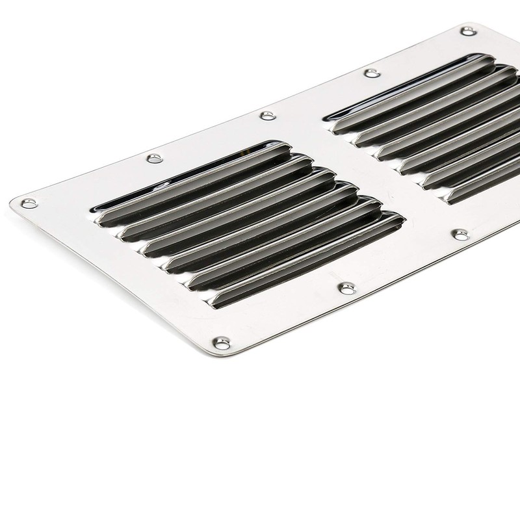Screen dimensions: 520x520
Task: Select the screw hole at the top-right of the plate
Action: (467, 31)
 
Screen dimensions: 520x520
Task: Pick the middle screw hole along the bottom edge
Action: (345, 287)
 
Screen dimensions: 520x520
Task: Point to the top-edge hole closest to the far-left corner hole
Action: (153, 158)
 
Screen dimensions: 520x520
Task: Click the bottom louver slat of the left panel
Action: (305, 260)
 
